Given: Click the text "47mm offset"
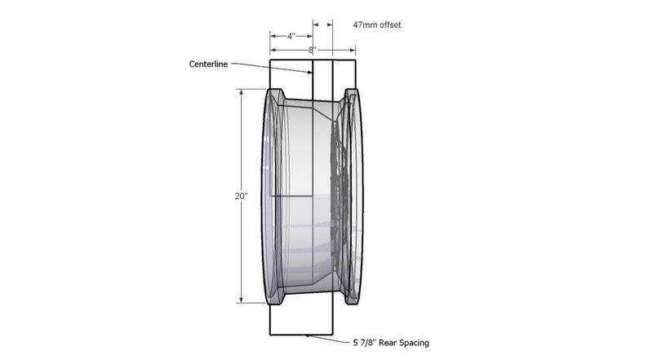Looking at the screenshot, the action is pos(377,25).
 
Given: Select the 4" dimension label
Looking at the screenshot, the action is pos(291,36).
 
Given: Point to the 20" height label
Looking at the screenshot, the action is pos(241,196).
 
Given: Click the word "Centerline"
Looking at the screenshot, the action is pos(208,64).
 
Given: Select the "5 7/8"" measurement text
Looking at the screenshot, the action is pos(365,343).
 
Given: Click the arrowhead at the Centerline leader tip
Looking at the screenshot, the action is pos(309,73).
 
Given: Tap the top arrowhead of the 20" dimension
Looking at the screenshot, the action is pos(241,91).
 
